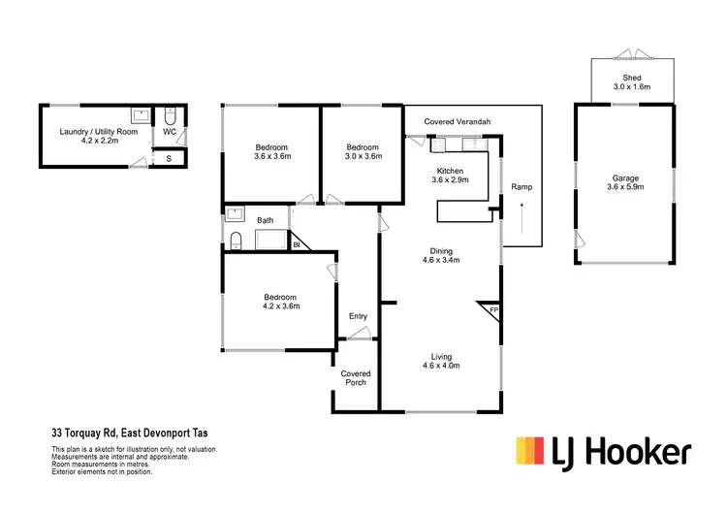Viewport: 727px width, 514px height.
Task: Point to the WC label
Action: pyautogui.click(x=169, y=131)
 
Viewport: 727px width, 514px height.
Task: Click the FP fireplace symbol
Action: pyautogui.click(x=492, y=311)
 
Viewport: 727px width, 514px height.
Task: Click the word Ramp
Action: pyautogui.click(x=522, y=187)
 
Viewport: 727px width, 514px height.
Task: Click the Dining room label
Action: pyautogui.click(x=440, y=254)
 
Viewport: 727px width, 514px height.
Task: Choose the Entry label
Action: pyautogui.click(x=358, y=316)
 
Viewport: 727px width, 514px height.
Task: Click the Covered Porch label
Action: pyautogui.click(x=356, y=378)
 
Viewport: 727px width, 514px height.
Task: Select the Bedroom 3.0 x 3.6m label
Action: pyautogui.click(x=361, y=151)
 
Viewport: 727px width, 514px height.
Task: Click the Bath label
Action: pyautogui.click(x=265, y=221)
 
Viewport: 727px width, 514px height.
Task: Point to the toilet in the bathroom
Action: pyautogui.click(x=237, y=240)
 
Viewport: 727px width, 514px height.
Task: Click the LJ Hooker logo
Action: pyautogui.click(x=602, y=452)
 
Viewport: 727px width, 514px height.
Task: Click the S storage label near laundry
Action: pyautogui.click(x=169, y=157)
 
